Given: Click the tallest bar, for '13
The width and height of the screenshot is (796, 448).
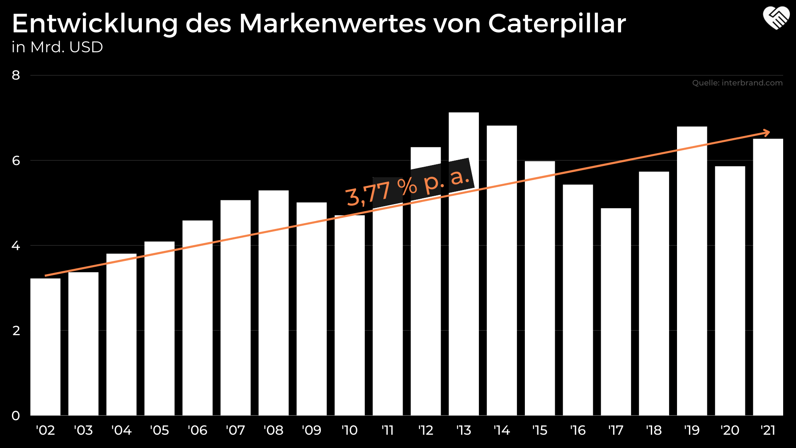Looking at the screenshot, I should (464, 265).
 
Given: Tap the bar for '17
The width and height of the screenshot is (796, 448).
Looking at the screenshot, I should (616, 311).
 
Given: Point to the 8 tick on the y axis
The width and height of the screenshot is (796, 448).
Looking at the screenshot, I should (16, 75).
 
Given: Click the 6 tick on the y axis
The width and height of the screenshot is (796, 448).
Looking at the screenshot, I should (16, 161).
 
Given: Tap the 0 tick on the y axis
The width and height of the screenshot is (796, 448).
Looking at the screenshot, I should (16, 416).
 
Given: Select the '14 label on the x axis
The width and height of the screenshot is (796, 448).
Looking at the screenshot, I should (502, 430).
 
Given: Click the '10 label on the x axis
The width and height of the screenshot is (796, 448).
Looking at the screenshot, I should (349, 430).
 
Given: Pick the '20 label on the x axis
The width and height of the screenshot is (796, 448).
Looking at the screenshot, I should (730, 430).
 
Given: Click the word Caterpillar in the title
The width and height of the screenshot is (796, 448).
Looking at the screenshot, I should (557, 24).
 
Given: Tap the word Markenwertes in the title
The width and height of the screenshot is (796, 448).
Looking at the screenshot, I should (332, 24).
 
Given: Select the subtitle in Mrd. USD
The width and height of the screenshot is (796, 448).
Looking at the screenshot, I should (57, 47).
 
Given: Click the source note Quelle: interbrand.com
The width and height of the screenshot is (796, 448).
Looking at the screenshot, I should (737, 83).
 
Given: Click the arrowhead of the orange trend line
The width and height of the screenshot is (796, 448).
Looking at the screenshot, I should (767, 133).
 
